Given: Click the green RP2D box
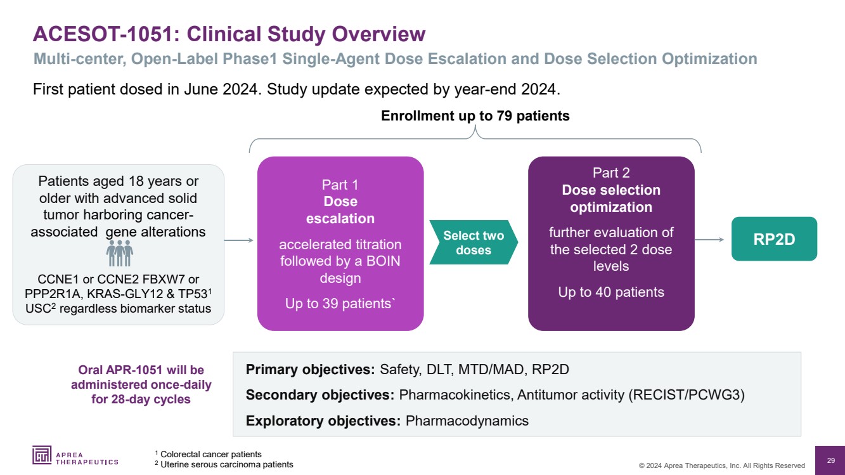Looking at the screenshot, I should [x=774, y=239].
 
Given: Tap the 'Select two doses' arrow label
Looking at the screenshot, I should [x=473, y=243].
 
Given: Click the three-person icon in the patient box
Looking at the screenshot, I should [x=119, y=253].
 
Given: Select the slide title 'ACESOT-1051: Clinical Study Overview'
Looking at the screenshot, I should [x=229, y=34].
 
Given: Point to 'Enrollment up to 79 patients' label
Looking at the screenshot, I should [x=475, y=116].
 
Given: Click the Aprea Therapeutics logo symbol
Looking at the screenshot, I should [x=42, y=455].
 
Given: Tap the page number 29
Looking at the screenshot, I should [x=830, y=460].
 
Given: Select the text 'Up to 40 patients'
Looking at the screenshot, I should [x=610, y=292].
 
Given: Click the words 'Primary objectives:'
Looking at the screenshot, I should [x=311, y=370].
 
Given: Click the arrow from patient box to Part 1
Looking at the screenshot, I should [x=239, y=240].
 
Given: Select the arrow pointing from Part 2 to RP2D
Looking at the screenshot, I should [x=709, y=239].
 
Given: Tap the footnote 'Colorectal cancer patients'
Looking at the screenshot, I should [x=210, y=454].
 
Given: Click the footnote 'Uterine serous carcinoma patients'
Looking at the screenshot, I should [x=226, y=464].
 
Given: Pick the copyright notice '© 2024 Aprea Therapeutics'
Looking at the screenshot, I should [x=721, y=465].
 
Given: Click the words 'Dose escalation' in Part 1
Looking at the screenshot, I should [x=340, y=210].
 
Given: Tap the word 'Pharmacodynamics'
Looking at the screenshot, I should [x=467, y=420].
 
